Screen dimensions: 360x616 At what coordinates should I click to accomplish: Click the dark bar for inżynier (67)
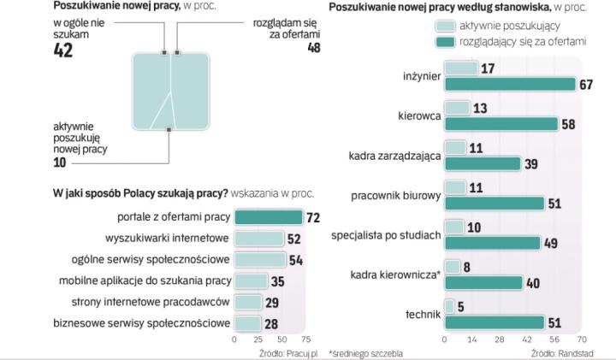click(510, 84)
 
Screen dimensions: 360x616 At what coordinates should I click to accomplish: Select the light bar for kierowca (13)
click(457, 108)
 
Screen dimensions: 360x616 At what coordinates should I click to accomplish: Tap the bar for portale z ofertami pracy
click(268, 217)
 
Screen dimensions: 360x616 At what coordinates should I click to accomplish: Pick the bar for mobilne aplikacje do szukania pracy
click(251, 280)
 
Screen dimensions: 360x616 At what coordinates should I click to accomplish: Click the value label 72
click(312, 217)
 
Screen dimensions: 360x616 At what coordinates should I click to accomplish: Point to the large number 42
click(62, 50)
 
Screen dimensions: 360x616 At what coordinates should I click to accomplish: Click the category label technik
click(423, 315)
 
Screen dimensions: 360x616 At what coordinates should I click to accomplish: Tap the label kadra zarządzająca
click(394, 156)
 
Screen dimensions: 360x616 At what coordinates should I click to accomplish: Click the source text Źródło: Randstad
click(560, 352)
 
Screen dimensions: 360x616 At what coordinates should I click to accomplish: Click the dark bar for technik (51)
click(494, 322)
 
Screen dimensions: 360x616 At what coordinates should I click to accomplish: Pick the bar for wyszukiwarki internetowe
click(258, 239)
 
